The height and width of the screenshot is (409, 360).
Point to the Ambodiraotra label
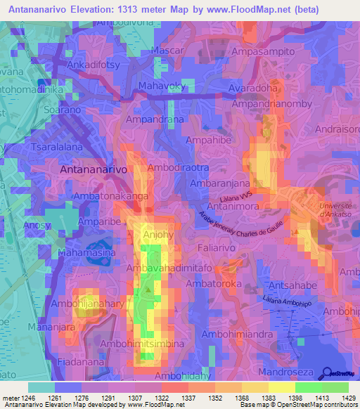179,169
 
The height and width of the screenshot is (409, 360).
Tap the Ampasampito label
270,52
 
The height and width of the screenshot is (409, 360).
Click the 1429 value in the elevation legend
345,398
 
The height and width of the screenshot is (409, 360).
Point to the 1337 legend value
188,398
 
